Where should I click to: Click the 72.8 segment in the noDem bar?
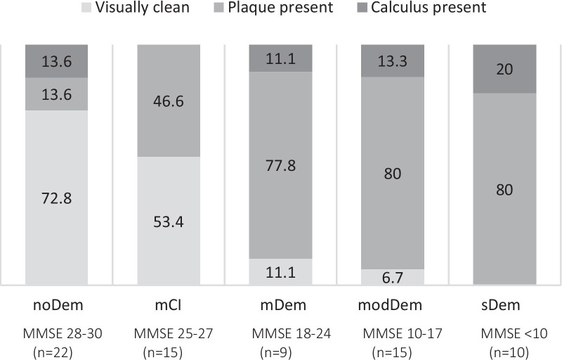56,197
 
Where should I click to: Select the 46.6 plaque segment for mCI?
169,101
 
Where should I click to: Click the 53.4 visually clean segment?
169,220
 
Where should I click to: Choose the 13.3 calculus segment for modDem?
393,60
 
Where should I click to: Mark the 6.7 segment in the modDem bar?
393,277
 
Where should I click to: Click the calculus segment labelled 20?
505,69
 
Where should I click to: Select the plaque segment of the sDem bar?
505,188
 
